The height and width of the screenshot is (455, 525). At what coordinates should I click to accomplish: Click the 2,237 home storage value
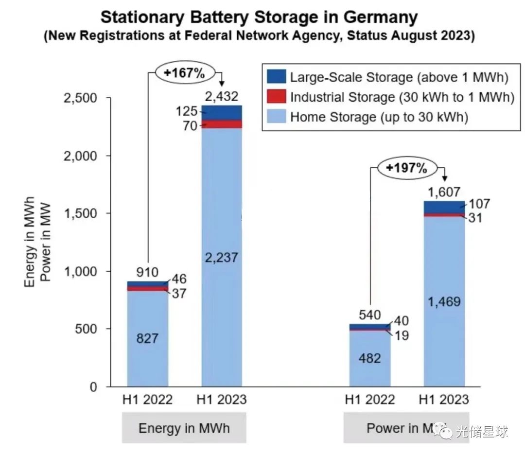221,257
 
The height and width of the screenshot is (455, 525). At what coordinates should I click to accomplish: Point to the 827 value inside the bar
148,338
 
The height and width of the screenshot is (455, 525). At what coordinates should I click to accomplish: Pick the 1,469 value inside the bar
444,301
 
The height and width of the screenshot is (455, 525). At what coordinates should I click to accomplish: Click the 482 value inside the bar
369,358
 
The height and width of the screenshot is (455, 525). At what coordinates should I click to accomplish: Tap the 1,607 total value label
443,192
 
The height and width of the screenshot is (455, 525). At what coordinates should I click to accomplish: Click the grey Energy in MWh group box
184,428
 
